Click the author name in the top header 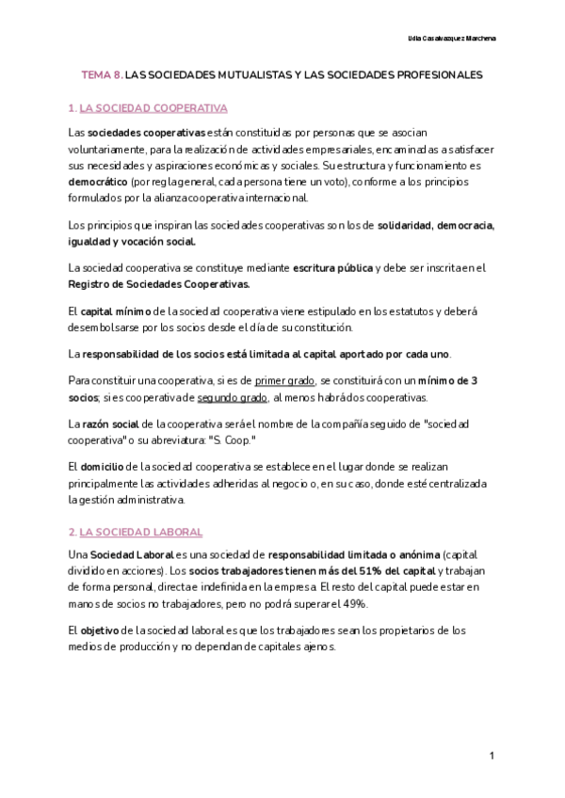[452, 39]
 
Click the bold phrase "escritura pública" [332, 268]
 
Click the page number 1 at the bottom [492, 756]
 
